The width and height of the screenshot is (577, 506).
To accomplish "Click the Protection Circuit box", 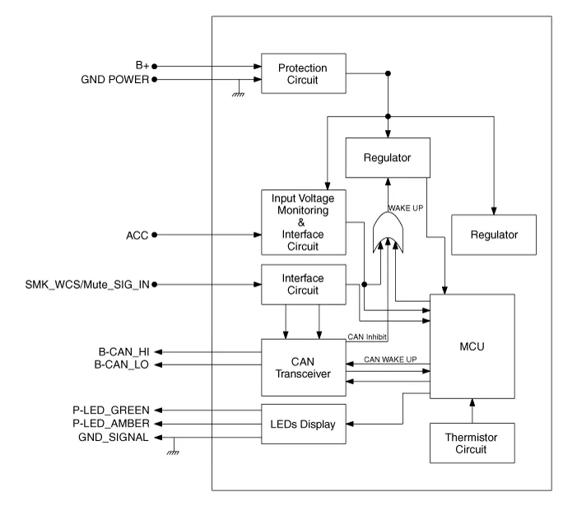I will [x=302, y=73].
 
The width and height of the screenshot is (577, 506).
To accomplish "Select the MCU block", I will [x=472, y=346].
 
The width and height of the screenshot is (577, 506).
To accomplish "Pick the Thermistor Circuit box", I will [x=472, y=443].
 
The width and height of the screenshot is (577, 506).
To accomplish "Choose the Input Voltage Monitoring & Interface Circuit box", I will [x=302, y=222].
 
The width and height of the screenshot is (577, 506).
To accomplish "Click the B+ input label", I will [x=141, y=65].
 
